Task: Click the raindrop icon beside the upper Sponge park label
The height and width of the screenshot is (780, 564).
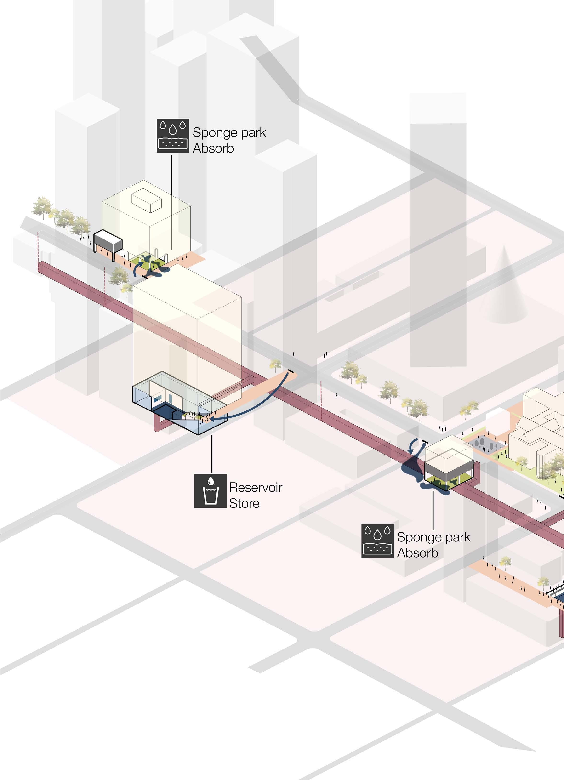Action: click(173, 136)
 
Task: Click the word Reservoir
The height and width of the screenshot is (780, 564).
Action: click(256, 487)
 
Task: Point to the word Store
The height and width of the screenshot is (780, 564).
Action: click(244, 503)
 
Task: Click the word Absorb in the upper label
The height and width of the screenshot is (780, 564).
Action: click(213, 148)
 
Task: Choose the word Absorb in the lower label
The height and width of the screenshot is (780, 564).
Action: click(417, 553)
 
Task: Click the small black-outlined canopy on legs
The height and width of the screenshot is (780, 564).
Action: click(108, 240)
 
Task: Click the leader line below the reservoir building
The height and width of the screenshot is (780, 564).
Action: click(212, 454)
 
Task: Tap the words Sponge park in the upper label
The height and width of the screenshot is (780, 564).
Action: click(229, 132)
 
